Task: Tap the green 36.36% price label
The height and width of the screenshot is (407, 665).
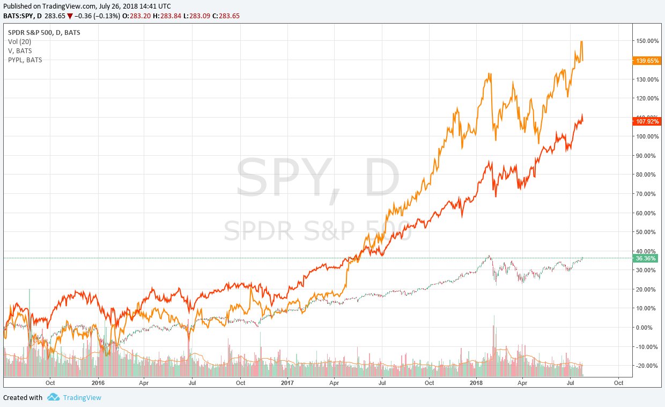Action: click(646, 258)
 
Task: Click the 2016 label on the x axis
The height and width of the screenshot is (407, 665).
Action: click(98, 383)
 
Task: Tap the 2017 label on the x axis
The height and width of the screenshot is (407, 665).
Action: click(287, 383)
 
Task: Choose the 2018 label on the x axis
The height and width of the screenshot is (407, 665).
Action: click(476, 383)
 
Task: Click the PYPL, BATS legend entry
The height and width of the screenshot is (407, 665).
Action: click(25, 60)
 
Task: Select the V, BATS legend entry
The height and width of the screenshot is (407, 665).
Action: click(20, 51)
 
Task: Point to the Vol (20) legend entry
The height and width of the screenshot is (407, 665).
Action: click(20, 42)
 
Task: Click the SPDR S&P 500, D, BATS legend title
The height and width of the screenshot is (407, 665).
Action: click(44, 32)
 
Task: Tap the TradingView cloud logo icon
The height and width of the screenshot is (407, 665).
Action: click(53, 397)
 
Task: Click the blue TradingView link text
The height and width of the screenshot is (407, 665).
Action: click(82, 398)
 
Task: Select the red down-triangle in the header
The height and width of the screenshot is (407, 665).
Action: click(69, 16)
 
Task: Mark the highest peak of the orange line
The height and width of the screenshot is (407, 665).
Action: click(581, 41)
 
